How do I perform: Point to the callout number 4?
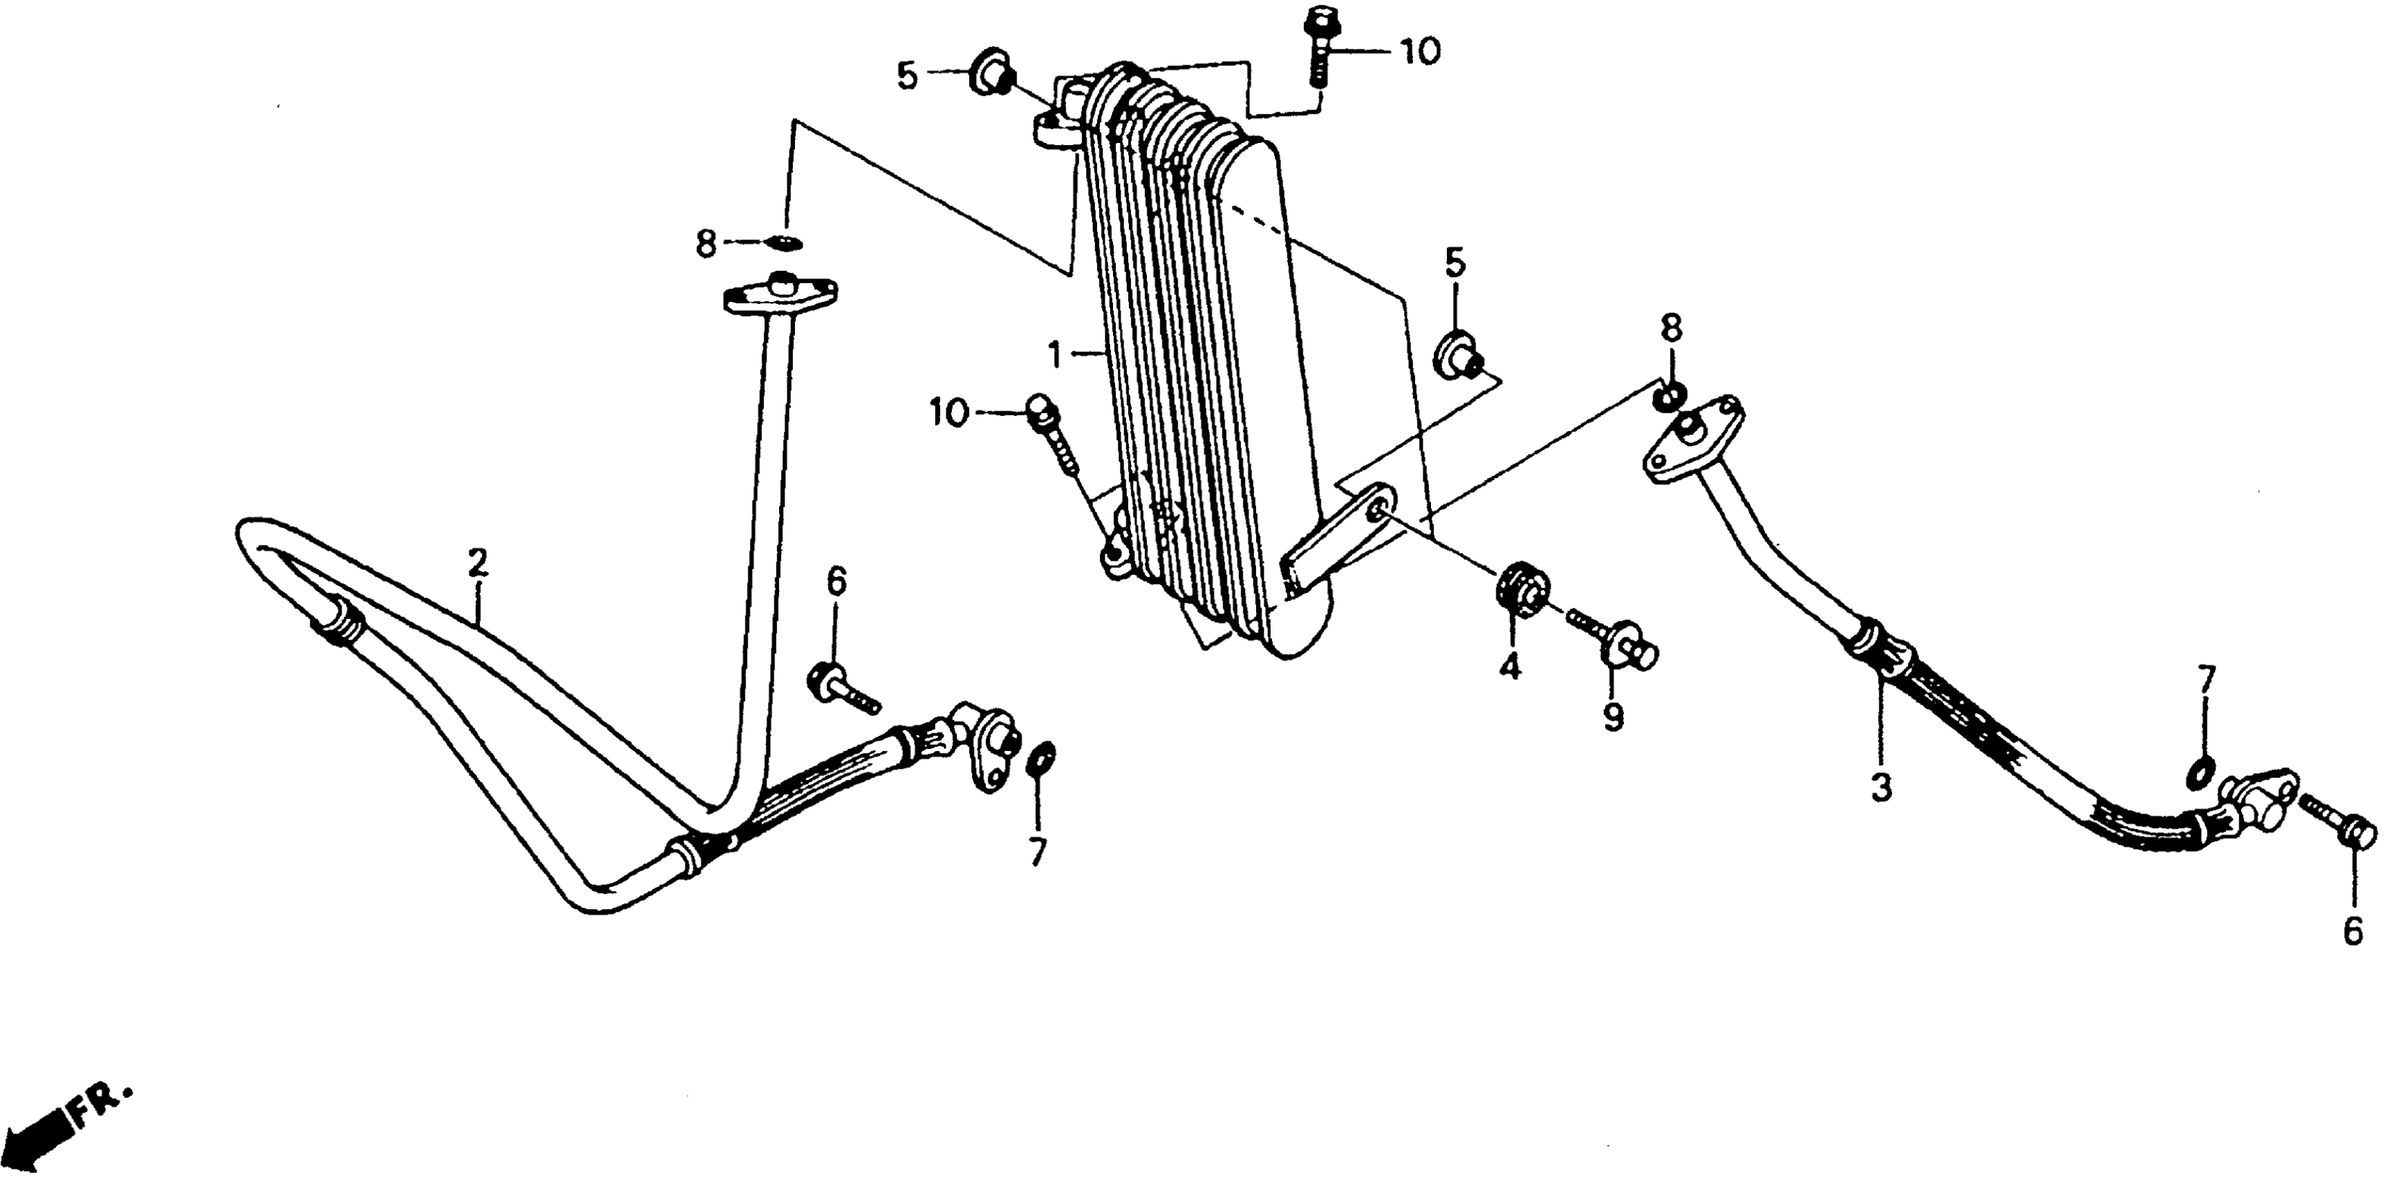point(1510,666)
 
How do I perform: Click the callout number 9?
point(1614,717)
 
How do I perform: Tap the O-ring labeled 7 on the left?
point(1039,758)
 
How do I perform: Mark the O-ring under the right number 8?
point(1668,398)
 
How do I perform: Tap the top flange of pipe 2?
point(780,297)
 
